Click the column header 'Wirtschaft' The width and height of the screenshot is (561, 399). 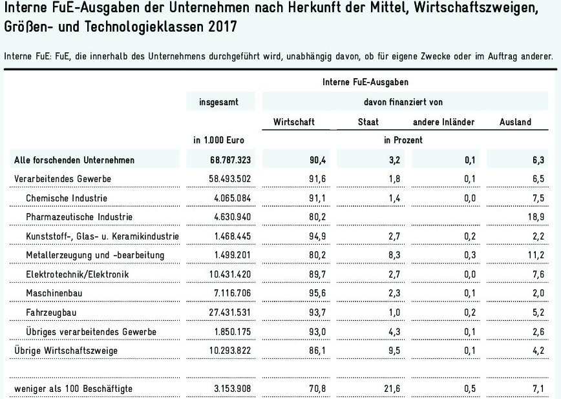[x=295, y=121]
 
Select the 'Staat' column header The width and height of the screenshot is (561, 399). [x=368, y=121]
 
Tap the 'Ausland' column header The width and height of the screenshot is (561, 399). [x=515, y=121]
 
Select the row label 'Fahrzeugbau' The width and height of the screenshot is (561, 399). [x=48, y=313]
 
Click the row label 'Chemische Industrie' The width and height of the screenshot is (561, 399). [x=66, y=198]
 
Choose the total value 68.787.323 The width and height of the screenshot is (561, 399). [x=220, y=159]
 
